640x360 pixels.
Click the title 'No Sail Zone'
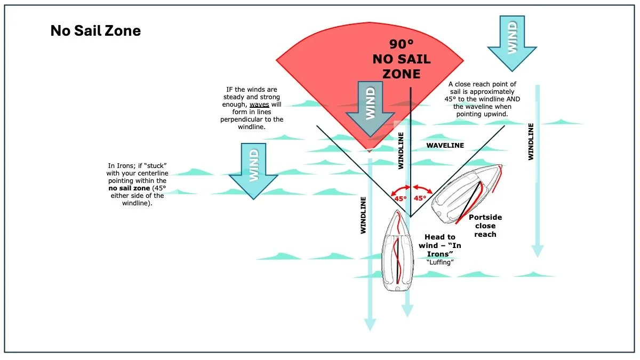point(95,31)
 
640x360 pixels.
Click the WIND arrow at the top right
point(512,43)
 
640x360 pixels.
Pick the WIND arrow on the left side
point(253,168)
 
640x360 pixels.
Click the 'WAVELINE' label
point(445,145)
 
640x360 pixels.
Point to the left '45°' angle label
point(400,198)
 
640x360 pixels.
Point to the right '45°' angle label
point(420,198)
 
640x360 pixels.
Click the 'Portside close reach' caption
point(485,226)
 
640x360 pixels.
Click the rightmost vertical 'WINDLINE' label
point(531,141)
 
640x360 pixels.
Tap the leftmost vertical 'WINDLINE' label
point(363,215)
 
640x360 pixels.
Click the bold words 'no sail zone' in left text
point(130,188)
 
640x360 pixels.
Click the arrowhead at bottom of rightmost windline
point(538,251)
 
